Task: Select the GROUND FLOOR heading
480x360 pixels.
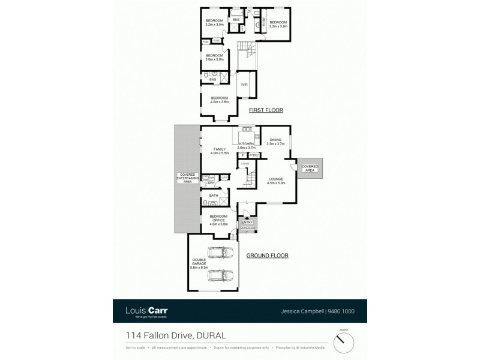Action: coord(268,255)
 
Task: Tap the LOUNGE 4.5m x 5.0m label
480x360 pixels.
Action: coord(276,180)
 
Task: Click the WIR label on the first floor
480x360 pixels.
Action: coord(244,85)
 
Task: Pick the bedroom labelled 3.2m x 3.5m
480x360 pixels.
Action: coord(214,23)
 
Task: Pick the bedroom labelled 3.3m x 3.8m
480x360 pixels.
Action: coord(278,24)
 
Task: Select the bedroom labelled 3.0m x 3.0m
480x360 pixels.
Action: coord(214,58)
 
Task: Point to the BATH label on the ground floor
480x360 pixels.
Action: coord(214,196)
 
